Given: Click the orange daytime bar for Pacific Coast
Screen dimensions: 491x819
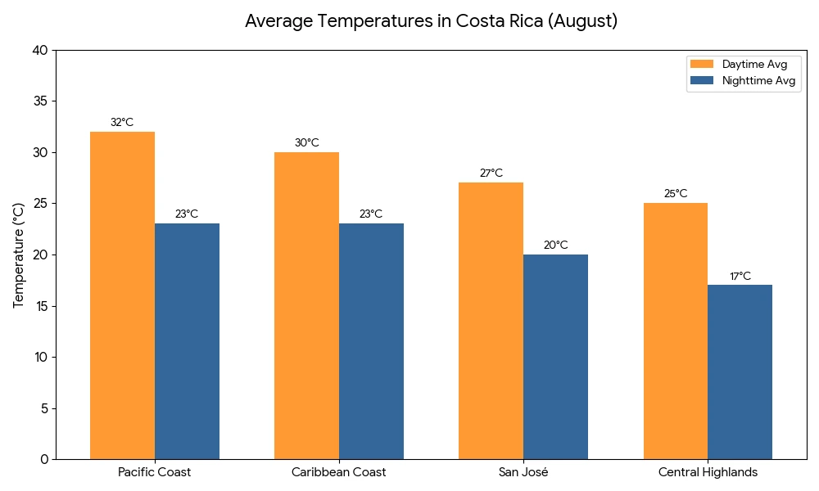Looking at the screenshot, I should (122, 295).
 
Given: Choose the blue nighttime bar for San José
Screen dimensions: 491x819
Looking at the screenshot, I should (555, 356).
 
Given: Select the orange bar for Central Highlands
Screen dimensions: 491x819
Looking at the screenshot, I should (676, 331).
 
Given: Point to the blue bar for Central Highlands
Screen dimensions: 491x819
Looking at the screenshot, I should (740, 372).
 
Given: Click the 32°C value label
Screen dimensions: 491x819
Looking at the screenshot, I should (122, 123).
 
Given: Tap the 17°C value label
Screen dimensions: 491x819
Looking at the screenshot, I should (740, 277).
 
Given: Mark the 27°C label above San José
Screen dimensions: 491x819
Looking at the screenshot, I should (491, 173).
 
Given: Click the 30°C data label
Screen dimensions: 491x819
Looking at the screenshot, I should (306, 143).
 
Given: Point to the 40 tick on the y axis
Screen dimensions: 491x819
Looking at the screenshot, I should (41, 51).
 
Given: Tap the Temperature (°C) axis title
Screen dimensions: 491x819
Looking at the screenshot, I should (19, 255).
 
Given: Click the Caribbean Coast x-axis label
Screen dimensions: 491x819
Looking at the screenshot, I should (338, 472).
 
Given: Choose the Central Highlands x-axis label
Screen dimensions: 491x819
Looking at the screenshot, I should (708, 472).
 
